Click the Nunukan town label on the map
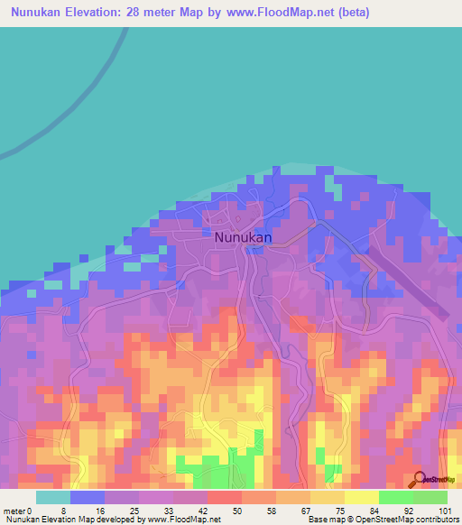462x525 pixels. click(x=244, y=237)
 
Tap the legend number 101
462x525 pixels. click(x=444, y=511)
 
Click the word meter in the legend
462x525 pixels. click(x=15, y=511)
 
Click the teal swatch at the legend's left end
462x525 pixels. click(x=53, y=497)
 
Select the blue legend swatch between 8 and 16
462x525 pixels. click(x=88, y=497)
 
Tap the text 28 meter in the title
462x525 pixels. click(x=164, y=14)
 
